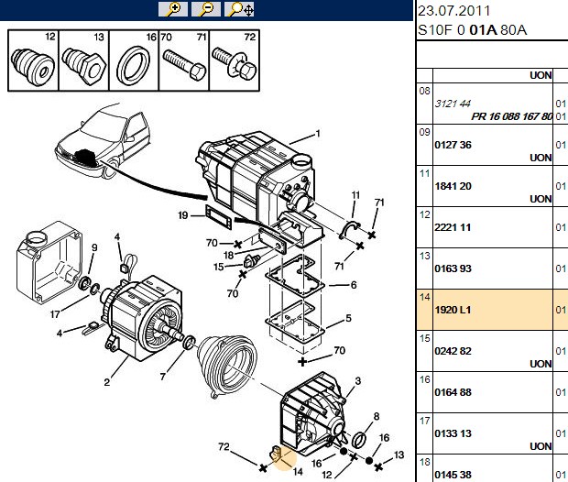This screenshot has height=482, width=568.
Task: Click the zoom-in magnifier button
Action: (173, 9)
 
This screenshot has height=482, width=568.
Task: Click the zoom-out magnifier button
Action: (206, 9)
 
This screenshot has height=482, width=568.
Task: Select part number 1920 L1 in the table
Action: (453, 310)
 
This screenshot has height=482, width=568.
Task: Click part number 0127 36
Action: (453, 145)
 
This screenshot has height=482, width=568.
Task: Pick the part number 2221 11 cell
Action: (453, 227)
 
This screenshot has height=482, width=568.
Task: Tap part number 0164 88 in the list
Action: (453, 392)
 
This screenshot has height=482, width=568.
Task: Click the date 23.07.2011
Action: (453, 11)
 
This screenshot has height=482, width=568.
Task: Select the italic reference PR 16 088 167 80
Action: (511, 116)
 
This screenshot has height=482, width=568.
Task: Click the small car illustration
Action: (103, 142)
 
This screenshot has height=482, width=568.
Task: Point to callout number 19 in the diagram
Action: (183, 215)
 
